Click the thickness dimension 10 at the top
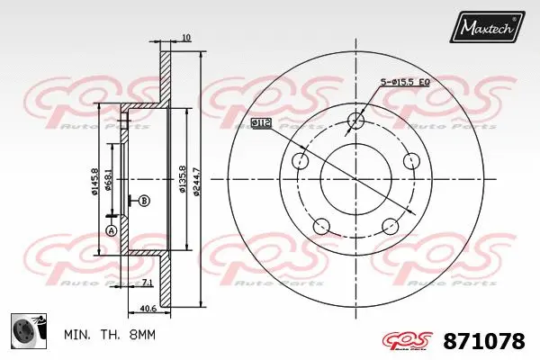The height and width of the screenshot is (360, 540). (x=185, y=37)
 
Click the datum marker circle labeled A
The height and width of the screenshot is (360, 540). (x=112, y=231)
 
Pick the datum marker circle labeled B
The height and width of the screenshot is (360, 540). (x=143, y=200)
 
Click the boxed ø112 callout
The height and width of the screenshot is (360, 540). (x=261, y=121)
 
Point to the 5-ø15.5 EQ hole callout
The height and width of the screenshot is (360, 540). (x=405, y=82)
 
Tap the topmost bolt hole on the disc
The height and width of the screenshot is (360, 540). (x=356, y=121)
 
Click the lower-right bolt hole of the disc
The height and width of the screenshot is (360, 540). (x=391, y=227)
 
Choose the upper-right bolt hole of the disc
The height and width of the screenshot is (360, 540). (x=412, y=161)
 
